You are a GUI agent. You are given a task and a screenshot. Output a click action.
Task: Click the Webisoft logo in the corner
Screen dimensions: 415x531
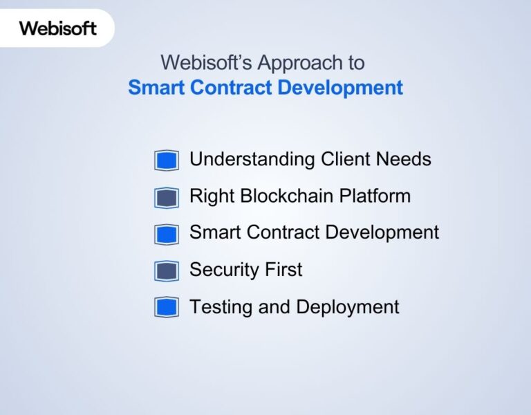[57, 28]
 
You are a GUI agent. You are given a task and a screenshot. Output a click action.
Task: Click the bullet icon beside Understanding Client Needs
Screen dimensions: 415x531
[167, 160]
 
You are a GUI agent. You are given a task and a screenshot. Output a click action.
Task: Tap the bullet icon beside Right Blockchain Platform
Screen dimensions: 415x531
[167, 197]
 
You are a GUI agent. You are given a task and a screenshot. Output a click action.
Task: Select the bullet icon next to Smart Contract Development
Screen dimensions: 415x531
[167, 234]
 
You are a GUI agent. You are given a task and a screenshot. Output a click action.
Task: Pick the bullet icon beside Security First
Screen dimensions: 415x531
[167, 270]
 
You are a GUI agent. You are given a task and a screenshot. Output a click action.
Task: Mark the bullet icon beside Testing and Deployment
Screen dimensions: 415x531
[167, 307]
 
